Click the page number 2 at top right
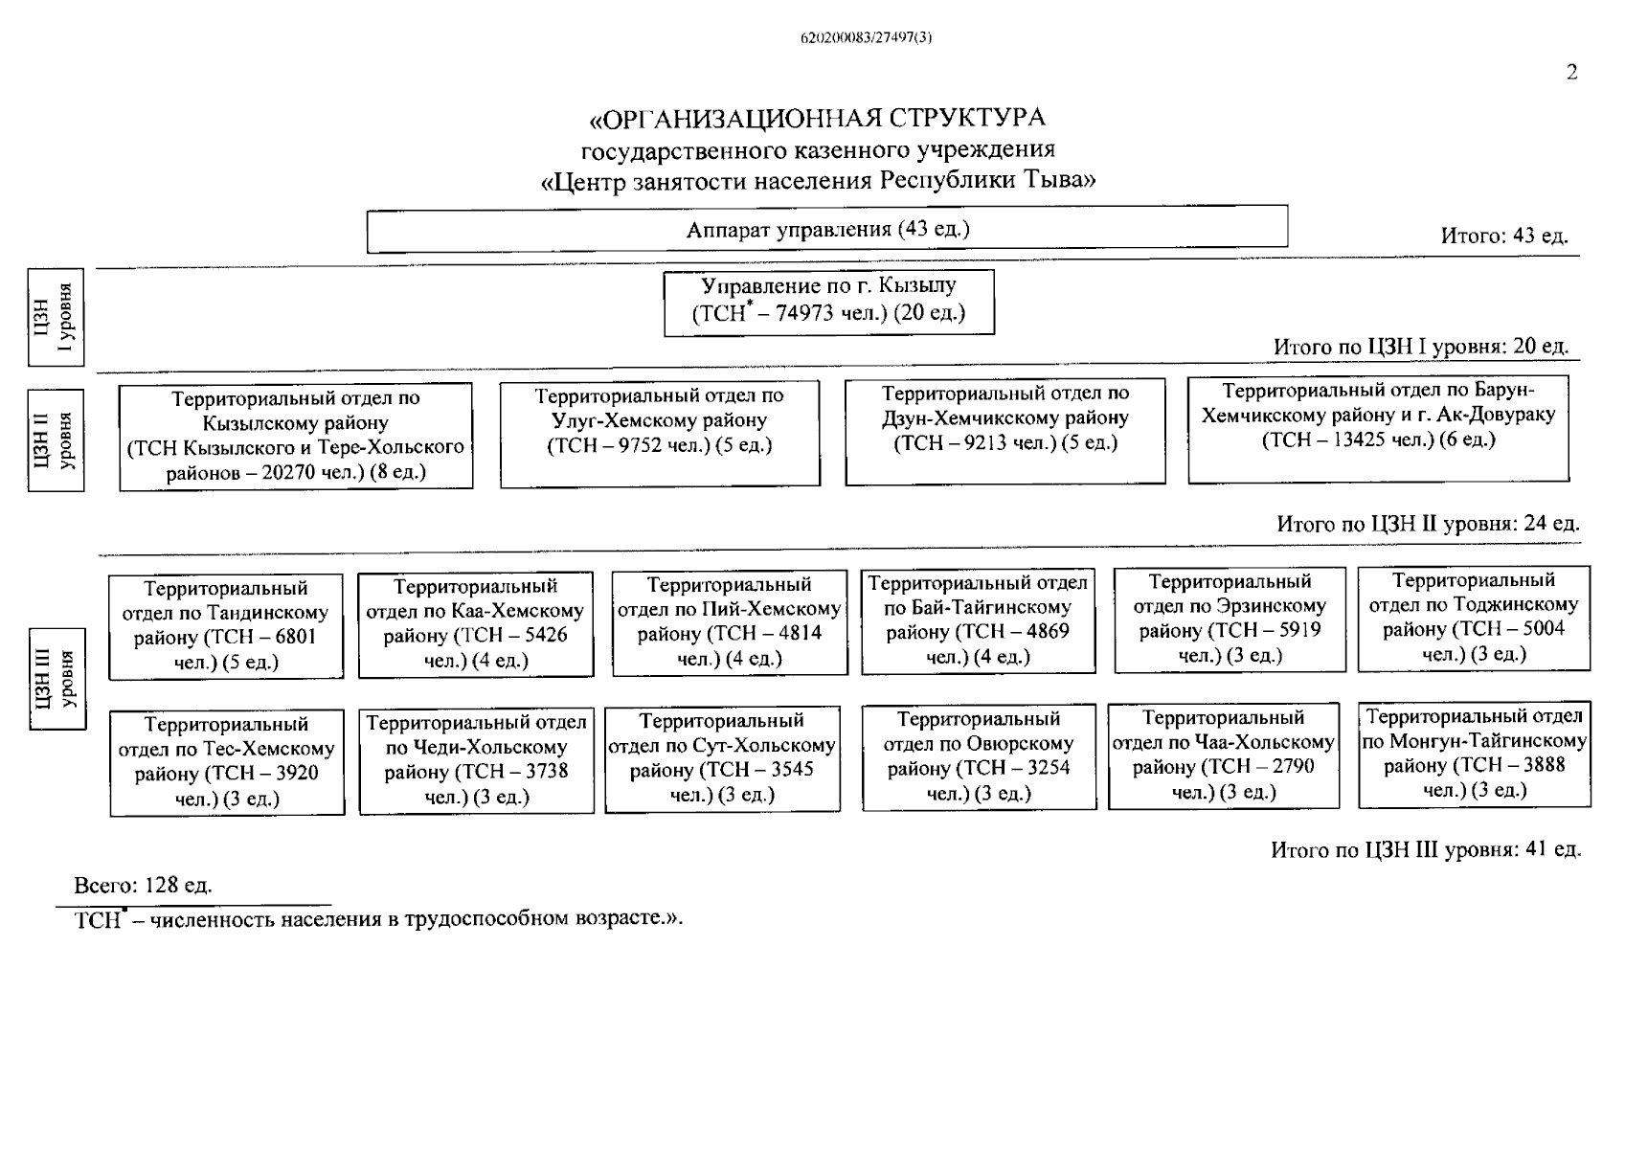point(1571,73)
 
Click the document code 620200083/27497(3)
point(866,38)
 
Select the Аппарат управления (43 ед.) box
point(827,230)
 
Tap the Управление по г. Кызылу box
point(829,302)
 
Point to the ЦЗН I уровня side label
point(56,318)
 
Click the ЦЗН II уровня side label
point(56,439)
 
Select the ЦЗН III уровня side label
point(57,679)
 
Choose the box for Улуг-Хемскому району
point(660,433)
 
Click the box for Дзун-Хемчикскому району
point(1005,431)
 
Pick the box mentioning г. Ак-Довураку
point(1378,428)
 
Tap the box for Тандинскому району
point(226,626)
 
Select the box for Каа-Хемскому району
point(475,623)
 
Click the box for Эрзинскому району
point(1230,620)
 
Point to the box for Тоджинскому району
point(1473,618)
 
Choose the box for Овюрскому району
point(979,756)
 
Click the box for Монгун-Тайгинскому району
point(1474,755)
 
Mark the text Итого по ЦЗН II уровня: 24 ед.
point(1428,524)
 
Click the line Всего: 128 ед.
point(144,885)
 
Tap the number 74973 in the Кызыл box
point(806,314)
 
